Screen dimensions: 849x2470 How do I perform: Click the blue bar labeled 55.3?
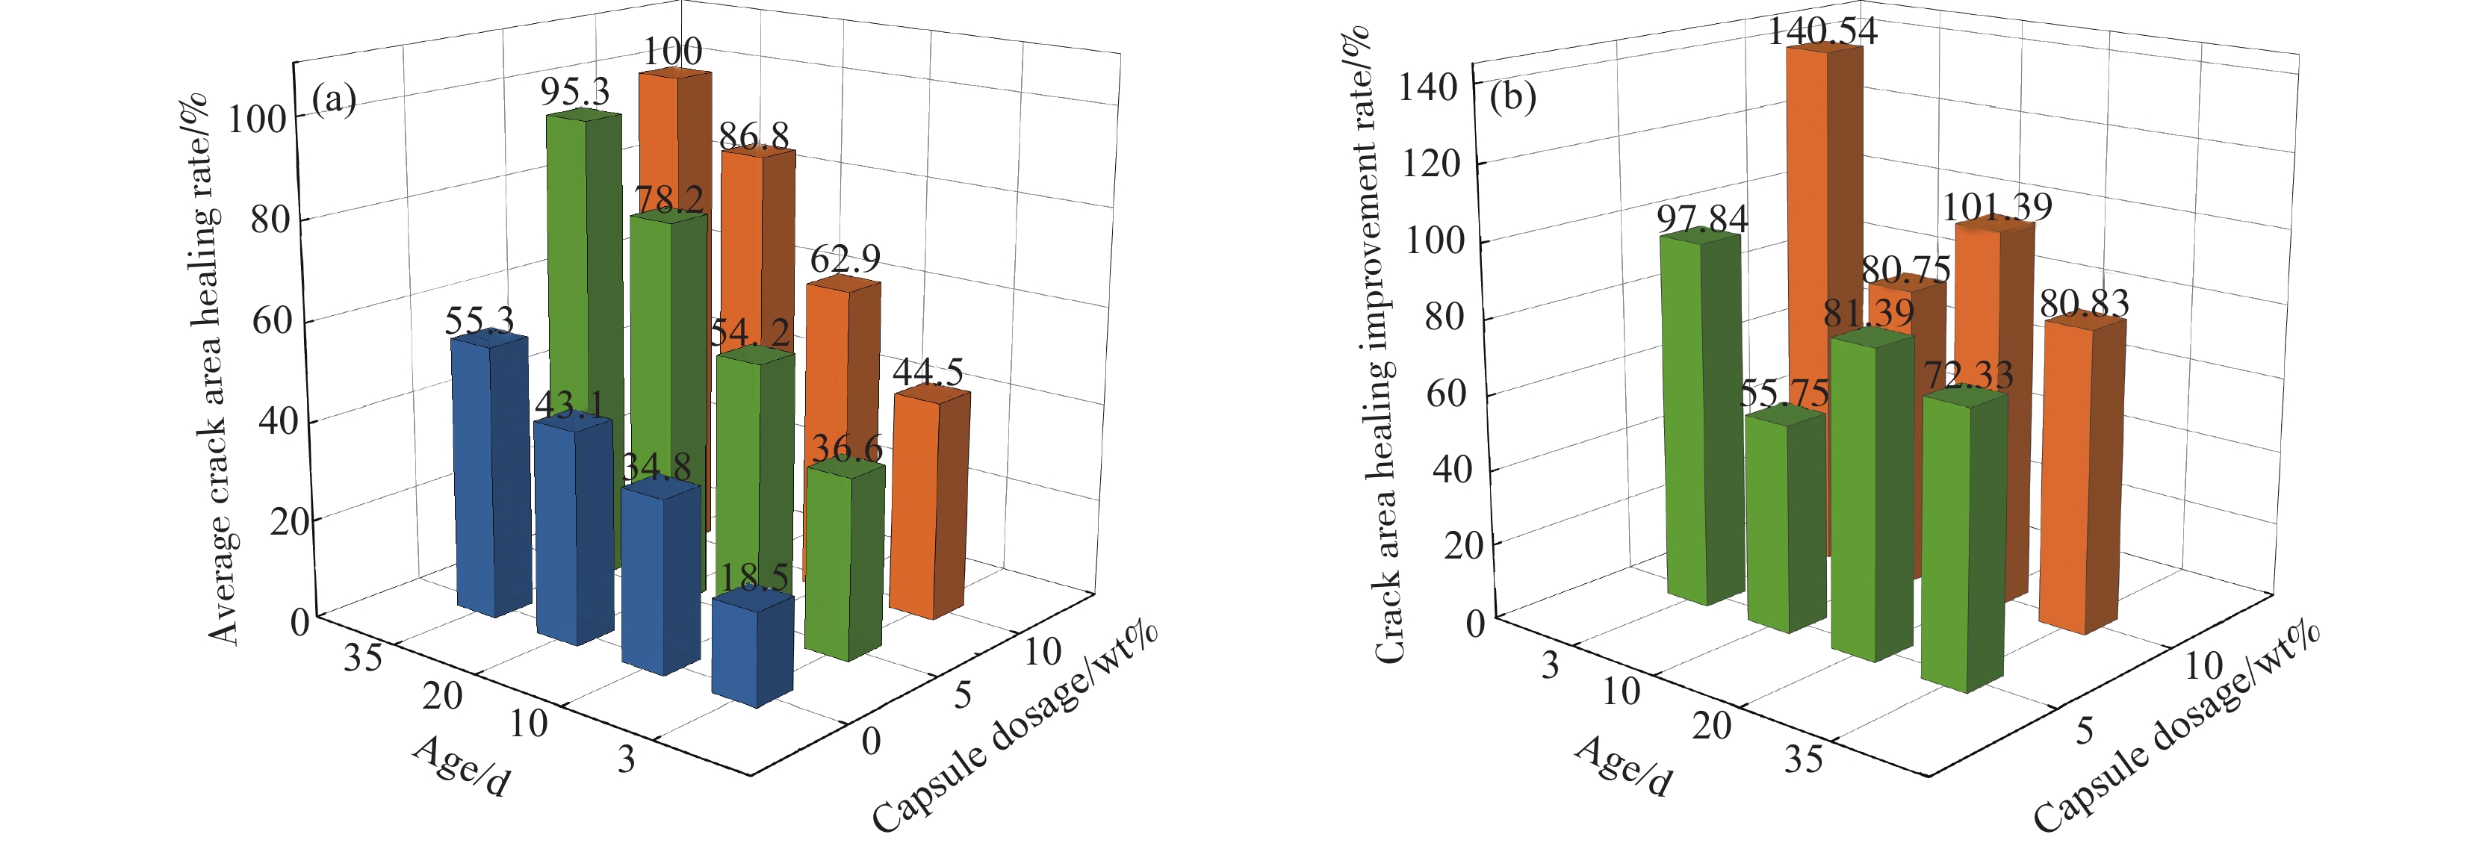click(490, 479)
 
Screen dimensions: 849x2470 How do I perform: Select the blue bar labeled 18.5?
click(753, 652)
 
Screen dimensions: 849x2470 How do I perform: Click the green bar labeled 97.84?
click(1703, 422)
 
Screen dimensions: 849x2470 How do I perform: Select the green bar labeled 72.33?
click(1964, 546)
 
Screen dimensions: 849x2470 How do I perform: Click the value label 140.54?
click(1822, 31)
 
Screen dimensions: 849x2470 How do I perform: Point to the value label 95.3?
click(574, 92)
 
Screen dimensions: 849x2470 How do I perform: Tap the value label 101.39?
click(1997, 207)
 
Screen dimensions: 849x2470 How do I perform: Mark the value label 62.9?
click(845, 258)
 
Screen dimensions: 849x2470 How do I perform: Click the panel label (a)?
click(335, 99)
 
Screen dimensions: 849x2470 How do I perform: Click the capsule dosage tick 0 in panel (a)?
click(871, 741)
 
